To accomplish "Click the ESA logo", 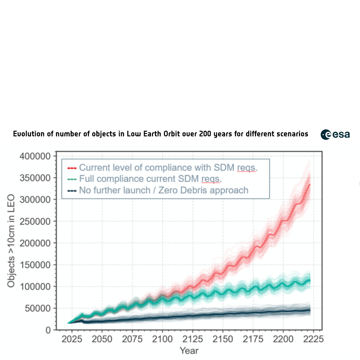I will pos(335,134).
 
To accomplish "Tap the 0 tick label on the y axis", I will pos(48,330).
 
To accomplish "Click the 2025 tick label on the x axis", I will pos(72,339).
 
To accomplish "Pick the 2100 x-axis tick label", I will pos(162,339).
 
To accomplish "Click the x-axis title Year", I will pos(189,351).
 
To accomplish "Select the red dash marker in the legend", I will pos(72,168).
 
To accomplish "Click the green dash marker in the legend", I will pos(72,179).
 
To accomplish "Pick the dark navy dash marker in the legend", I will pos(72,191).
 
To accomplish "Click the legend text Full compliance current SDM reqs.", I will pos(150,179).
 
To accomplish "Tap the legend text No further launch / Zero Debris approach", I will pos(164,190).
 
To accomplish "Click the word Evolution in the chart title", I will pos(29,134).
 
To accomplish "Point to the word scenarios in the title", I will pos(291,134).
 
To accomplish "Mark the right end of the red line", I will pos(310,184).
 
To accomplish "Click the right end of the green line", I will pos(310,280).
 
